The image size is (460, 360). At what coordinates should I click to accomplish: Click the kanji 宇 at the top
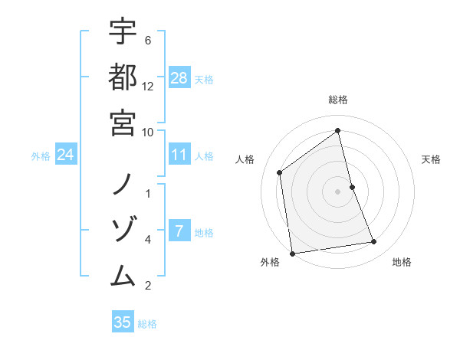click(x=123, y=31)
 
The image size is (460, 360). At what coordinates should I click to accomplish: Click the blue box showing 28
click(x=179, y=78)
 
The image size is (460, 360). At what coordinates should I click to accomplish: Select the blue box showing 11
click(x=179, y=155)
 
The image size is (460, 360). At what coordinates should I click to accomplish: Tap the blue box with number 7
click(x=179, y=231)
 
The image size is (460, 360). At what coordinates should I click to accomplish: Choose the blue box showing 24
click(x=66, y=155)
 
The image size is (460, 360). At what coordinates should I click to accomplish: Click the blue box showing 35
click(x=123, y=322)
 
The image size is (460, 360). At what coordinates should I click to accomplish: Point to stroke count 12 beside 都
click(x=148, y=86)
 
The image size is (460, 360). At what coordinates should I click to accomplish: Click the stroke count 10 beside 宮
click(x=148, y=131)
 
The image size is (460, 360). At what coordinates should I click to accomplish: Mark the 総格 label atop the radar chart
click(x=338, y=100)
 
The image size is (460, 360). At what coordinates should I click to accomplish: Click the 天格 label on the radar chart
click(x=432, y=159)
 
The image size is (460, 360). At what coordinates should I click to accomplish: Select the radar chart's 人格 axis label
click(x=245, y=159)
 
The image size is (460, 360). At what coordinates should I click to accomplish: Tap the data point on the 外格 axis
click(x=292, y=253)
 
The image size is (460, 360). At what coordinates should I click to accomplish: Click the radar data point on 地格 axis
click(x=374, y=242)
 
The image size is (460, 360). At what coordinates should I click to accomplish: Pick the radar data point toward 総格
click(x=338, y=131)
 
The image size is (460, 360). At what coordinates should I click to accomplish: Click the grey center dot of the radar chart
click(x=338, y=191)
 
